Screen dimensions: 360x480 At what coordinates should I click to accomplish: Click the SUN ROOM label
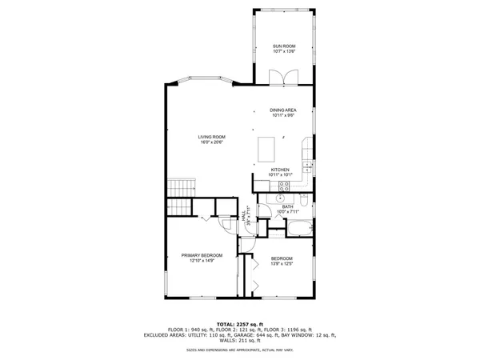pos(284,46)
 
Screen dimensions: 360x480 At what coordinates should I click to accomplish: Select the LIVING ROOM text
pos(212,137)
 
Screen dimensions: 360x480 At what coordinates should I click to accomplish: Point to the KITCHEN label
pos(280,169)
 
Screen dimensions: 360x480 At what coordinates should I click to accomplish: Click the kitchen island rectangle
pos(267,150)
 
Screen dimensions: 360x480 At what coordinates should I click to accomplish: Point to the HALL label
pos(244,216)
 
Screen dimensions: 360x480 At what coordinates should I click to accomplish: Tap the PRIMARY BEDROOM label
pos(196,255)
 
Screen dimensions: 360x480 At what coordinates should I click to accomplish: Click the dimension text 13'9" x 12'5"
pos(282,264)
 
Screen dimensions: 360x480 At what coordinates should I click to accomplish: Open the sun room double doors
pos(282,78)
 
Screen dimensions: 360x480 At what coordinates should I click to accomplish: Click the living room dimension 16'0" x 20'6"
pos(212,142)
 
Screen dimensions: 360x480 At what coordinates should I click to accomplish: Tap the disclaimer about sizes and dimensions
pos(240,350)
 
